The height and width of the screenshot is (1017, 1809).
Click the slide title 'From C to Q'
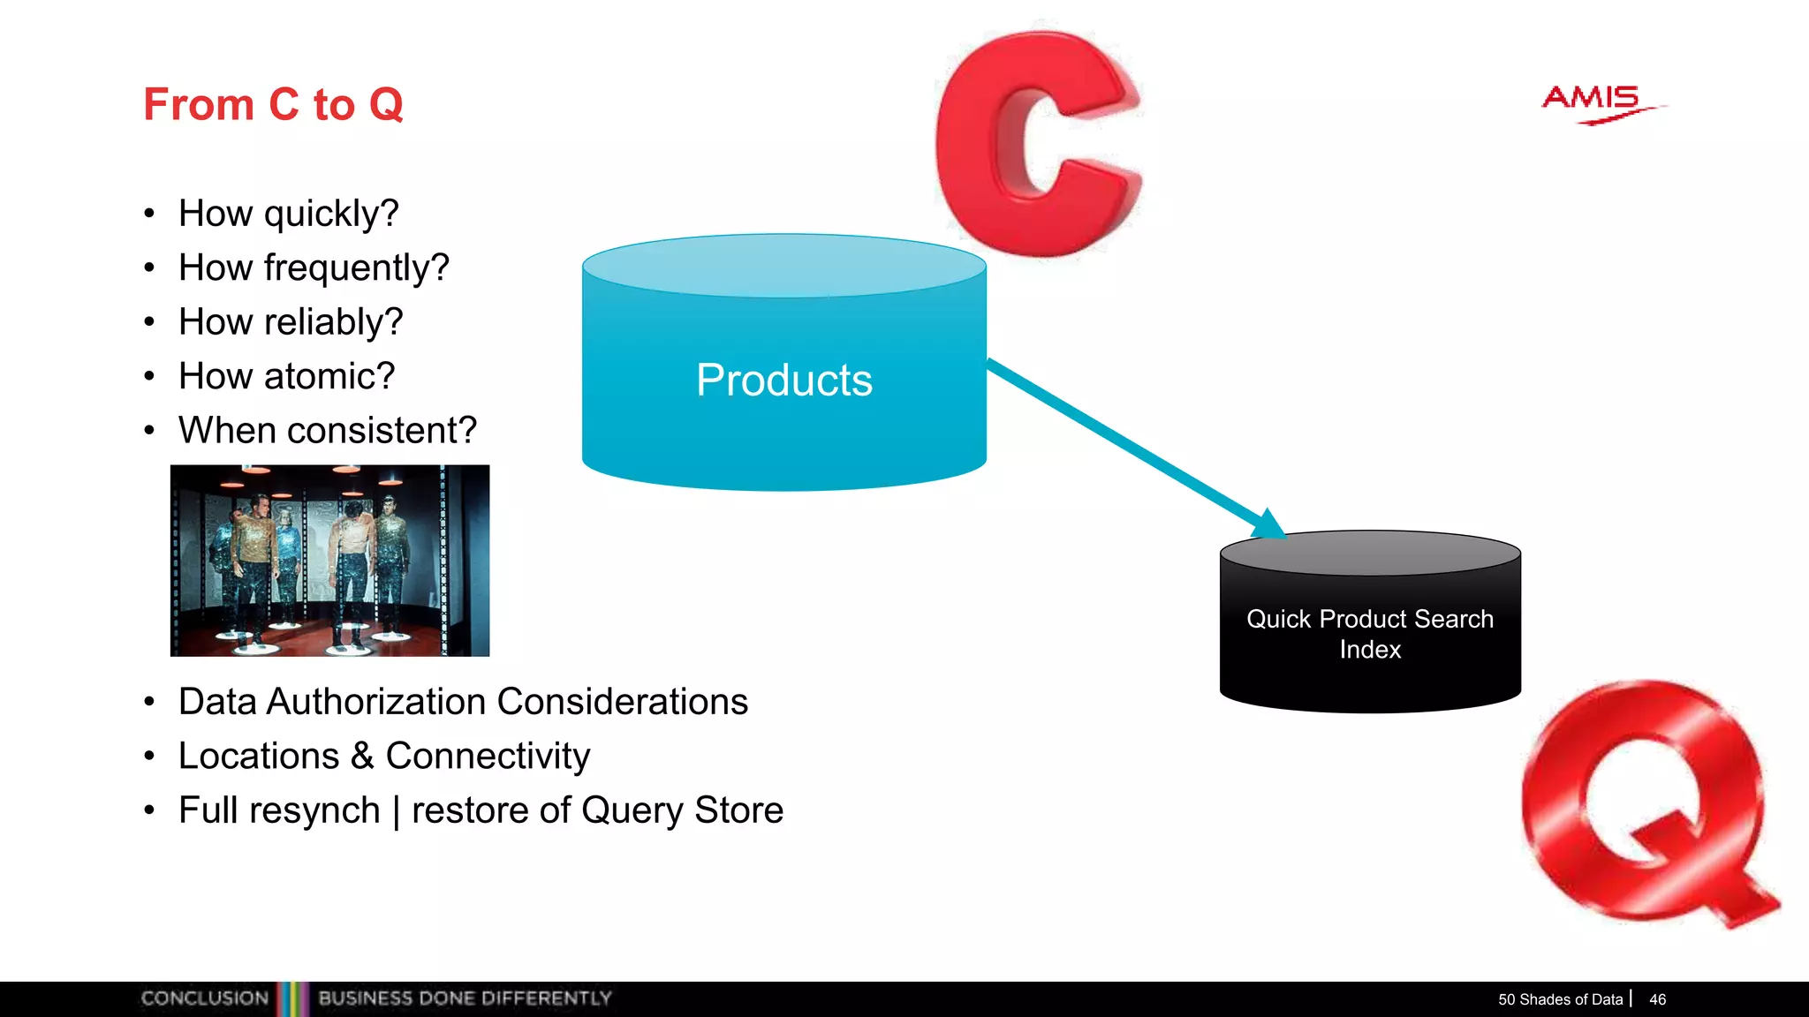tap(273, 104)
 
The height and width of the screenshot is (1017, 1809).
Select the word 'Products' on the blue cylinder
tap(783, 380)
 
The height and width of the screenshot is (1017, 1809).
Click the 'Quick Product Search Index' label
tap(1369, 633)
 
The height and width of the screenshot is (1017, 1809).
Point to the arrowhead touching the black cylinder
tap(1268, 524)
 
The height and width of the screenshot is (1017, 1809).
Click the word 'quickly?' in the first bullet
tap(331, 214)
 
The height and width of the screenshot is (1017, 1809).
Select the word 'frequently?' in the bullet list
tap(356, 267)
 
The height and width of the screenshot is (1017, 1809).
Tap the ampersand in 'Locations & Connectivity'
tap(362, 757)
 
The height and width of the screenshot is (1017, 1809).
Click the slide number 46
tap(1657, 999)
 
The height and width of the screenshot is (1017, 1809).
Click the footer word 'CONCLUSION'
tap(204, 998)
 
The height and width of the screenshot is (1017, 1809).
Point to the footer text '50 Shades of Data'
tap(1560, 999)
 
